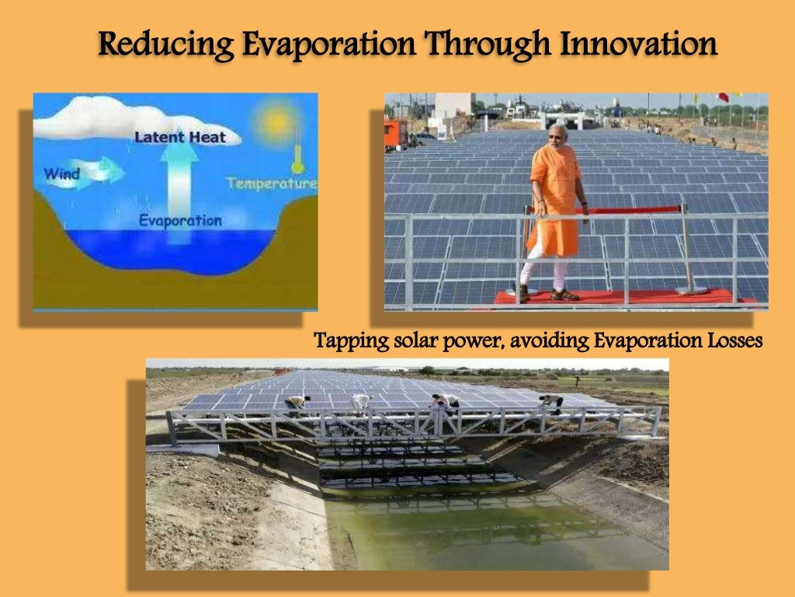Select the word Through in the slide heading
coord(472,44)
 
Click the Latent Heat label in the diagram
coord(180,138)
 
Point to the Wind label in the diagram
coord(61,173)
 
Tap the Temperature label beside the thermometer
coord(272,184)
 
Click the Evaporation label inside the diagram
coord(179,221)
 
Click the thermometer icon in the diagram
coord(297,156)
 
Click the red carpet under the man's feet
coord(613,296)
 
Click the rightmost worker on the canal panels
coord(551,401)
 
